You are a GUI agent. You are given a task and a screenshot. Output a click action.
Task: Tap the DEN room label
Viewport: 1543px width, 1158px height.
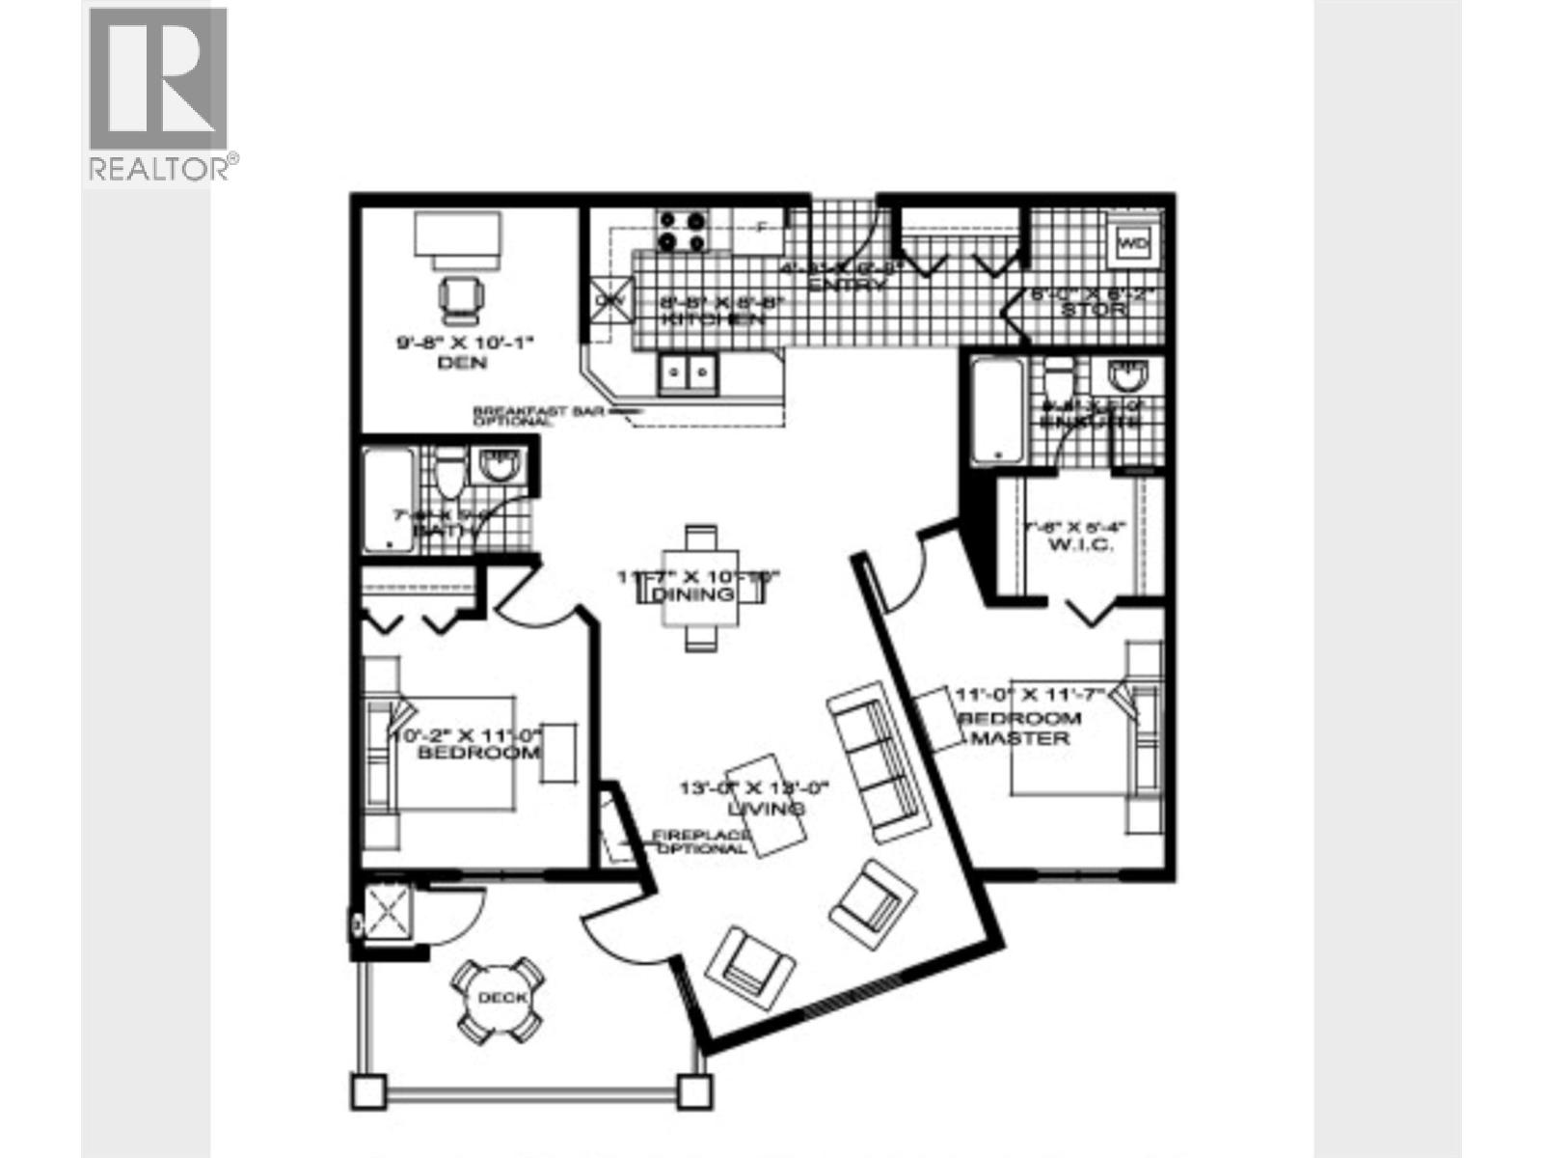462,363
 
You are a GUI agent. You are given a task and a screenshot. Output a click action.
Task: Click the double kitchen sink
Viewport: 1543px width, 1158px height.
689,373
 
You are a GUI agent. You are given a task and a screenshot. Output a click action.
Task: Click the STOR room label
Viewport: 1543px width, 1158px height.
1093,310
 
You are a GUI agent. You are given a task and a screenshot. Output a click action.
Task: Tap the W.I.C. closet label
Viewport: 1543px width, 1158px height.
1079,544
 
